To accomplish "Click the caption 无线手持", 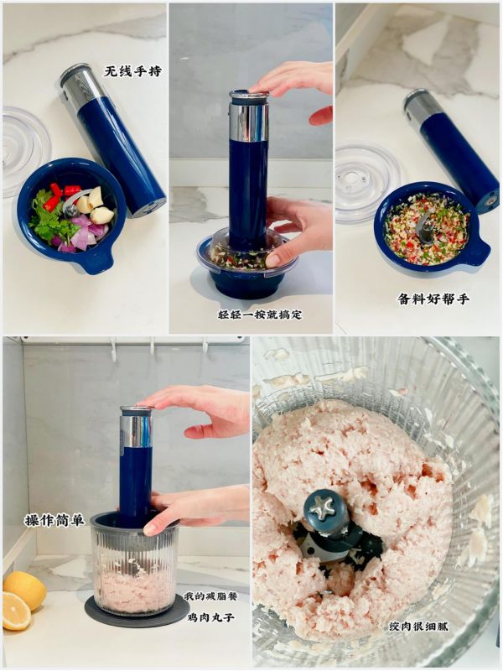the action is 133,71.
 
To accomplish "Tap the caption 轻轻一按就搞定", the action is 260,315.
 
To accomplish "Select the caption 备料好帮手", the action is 433,299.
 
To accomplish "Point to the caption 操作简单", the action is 54,520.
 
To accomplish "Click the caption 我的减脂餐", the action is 210,596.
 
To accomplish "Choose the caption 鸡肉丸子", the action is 211,617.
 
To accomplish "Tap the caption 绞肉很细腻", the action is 418,627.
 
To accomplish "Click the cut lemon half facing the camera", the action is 15,611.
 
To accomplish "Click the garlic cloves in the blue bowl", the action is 96,205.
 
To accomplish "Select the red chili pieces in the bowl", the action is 56,196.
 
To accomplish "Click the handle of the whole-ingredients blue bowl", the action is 93,263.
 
